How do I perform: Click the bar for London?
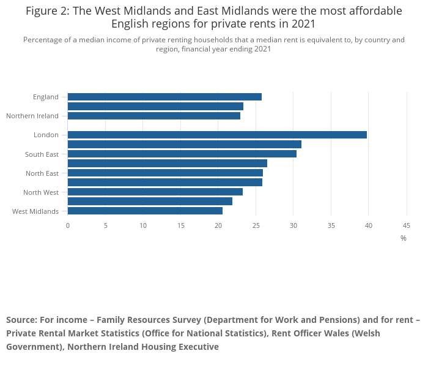point(217,135)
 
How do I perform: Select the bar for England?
point(164,97)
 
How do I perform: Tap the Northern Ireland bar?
point(153,116)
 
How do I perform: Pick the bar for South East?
point(182,154)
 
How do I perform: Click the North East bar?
point(165,173)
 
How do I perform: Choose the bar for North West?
point(155,192)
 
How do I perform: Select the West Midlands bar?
point(145,211)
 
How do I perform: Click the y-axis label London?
point(46,135)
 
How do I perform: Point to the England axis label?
point(46,97)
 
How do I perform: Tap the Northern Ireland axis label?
point(32,116)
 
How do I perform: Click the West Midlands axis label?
point(35,211)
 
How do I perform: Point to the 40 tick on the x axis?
point(369,225)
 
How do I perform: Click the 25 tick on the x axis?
point(256,225)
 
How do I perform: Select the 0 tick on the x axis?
point(68,225)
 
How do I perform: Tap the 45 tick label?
point(406,225)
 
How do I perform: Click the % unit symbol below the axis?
point(404,238)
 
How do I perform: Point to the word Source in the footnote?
point(21,320)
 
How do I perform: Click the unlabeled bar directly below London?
point(184,144)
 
